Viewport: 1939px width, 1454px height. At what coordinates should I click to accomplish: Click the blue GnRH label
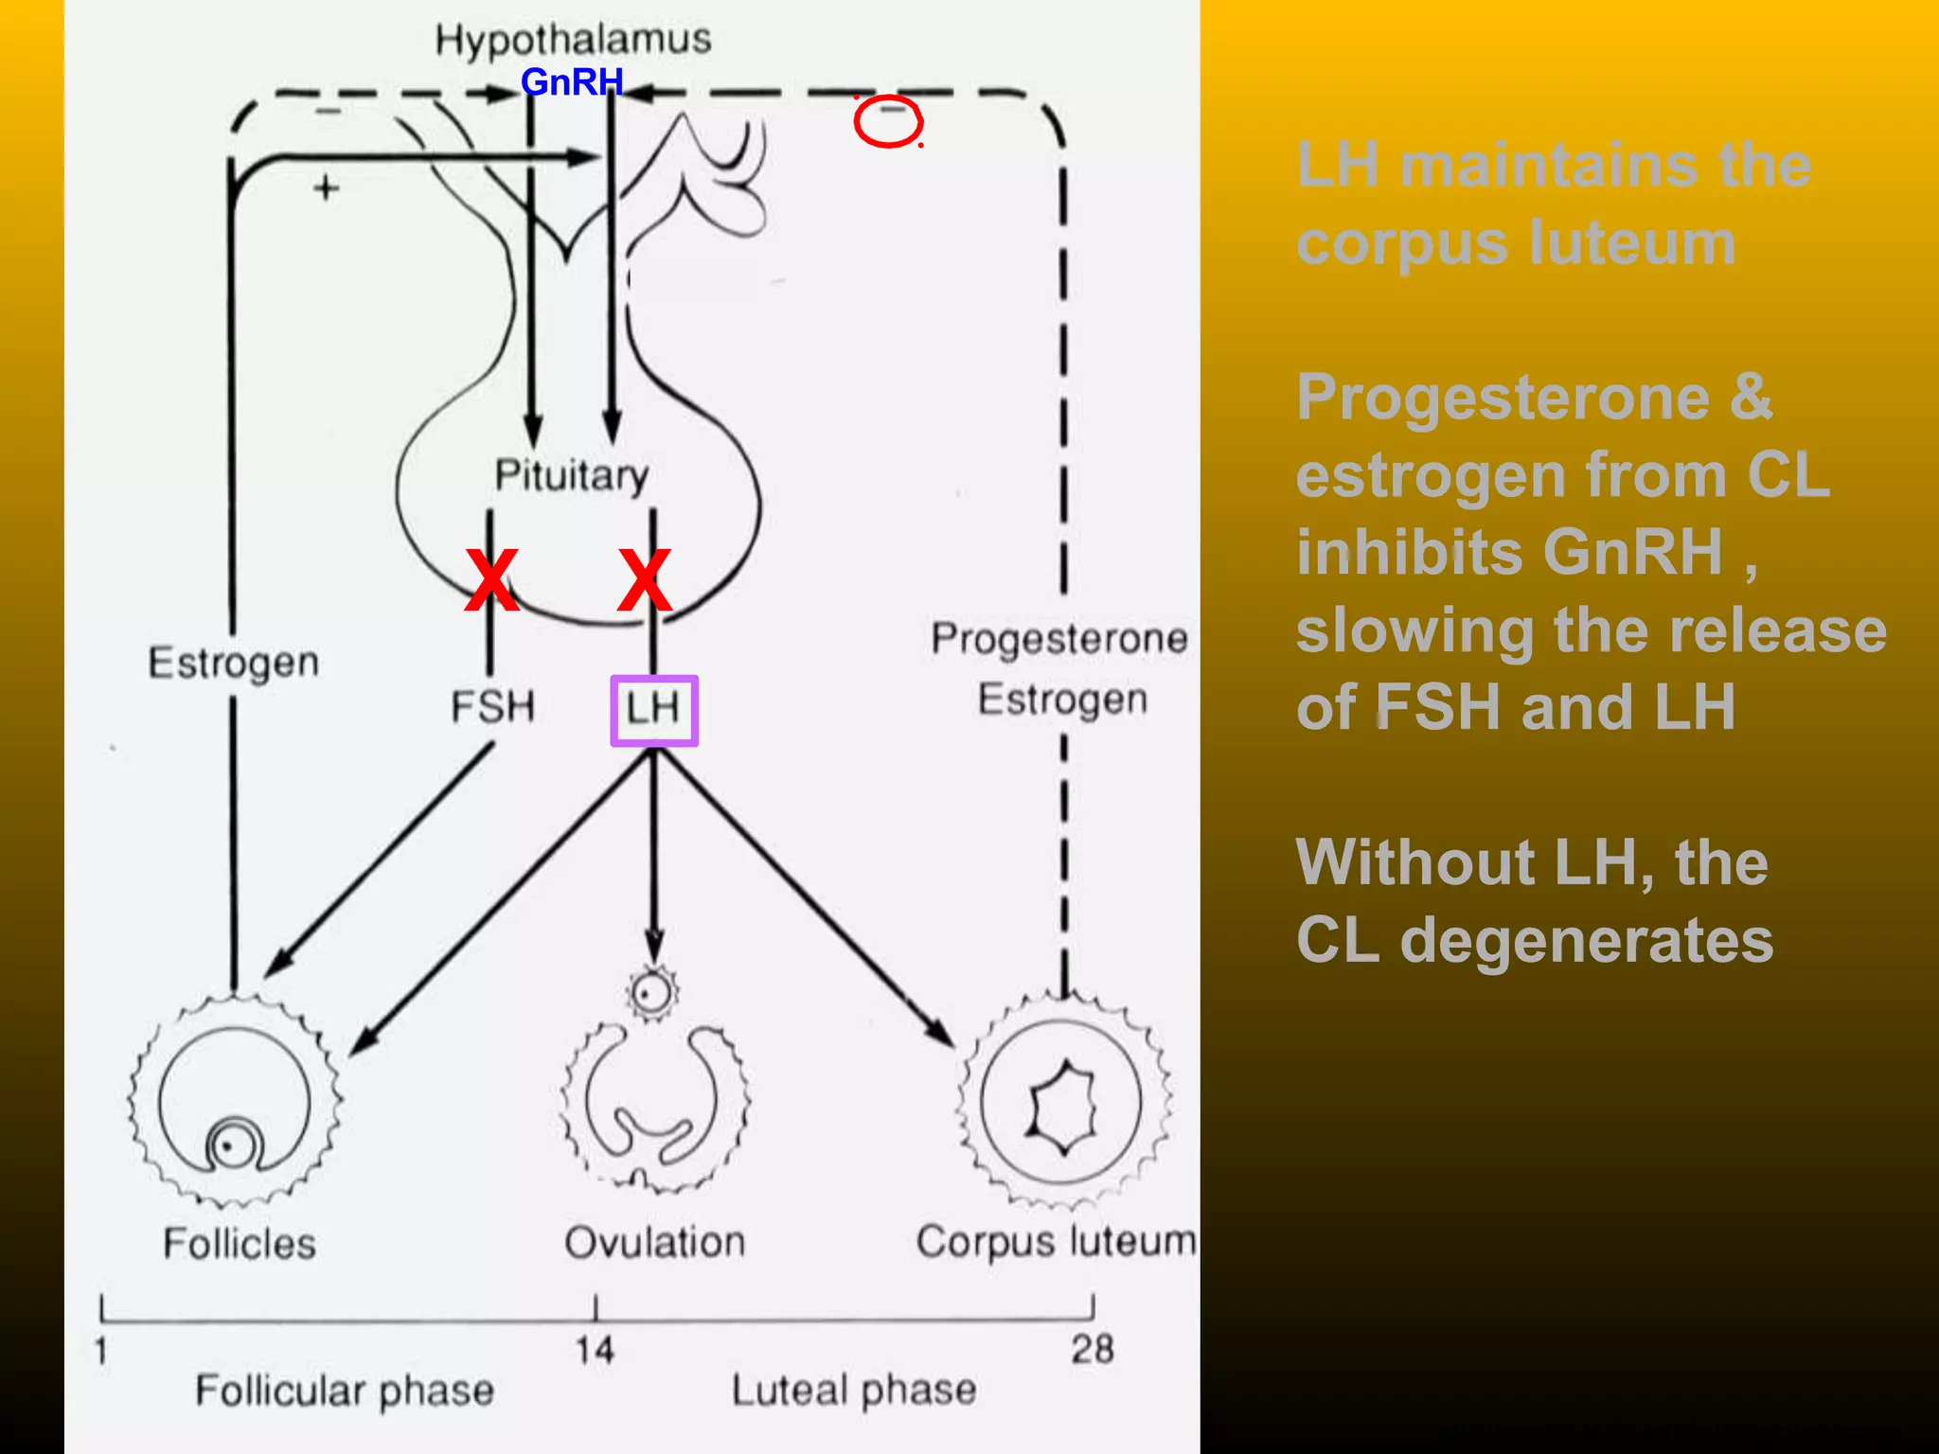572,82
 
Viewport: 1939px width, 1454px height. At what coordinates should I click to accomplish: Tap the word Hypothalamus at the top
573,41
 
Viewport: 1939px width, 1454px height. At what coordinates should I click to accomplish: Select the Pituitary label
572,475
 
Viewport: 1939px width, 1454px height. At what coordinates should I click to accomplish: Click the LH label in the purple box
653,708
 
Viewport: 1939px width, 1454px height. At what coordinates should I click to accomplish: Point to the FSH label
492,707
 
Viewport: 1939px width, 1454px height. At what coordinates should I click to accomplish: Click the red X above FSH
491,579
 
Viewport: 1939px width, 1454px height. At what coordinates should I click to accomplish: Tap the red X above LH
644,579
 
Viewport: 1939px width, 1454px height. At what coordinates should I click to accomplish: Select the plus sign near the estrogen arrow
326,188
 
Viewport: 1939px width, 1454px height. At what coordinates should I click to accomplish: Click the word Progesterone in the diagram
1059,639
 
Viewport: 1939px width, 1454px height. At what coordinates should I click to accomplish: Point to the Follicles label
240,1243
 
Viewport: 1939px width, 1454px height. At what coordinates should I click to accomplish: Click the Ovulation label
655,1242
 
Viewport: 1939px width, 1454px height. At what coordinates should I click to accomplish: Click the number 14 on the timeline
595,1350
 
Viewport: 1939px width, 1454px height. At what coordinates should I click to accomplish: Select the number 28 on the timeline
1093,1349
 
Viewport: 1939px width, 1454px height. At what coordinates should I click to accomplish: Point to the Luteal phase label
854,1391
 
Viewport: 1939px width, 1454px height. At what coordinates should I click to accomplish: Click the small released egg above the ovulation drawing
651,993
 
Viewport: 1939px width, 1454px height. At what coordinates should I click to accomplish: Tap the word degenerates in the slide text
1587,941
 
